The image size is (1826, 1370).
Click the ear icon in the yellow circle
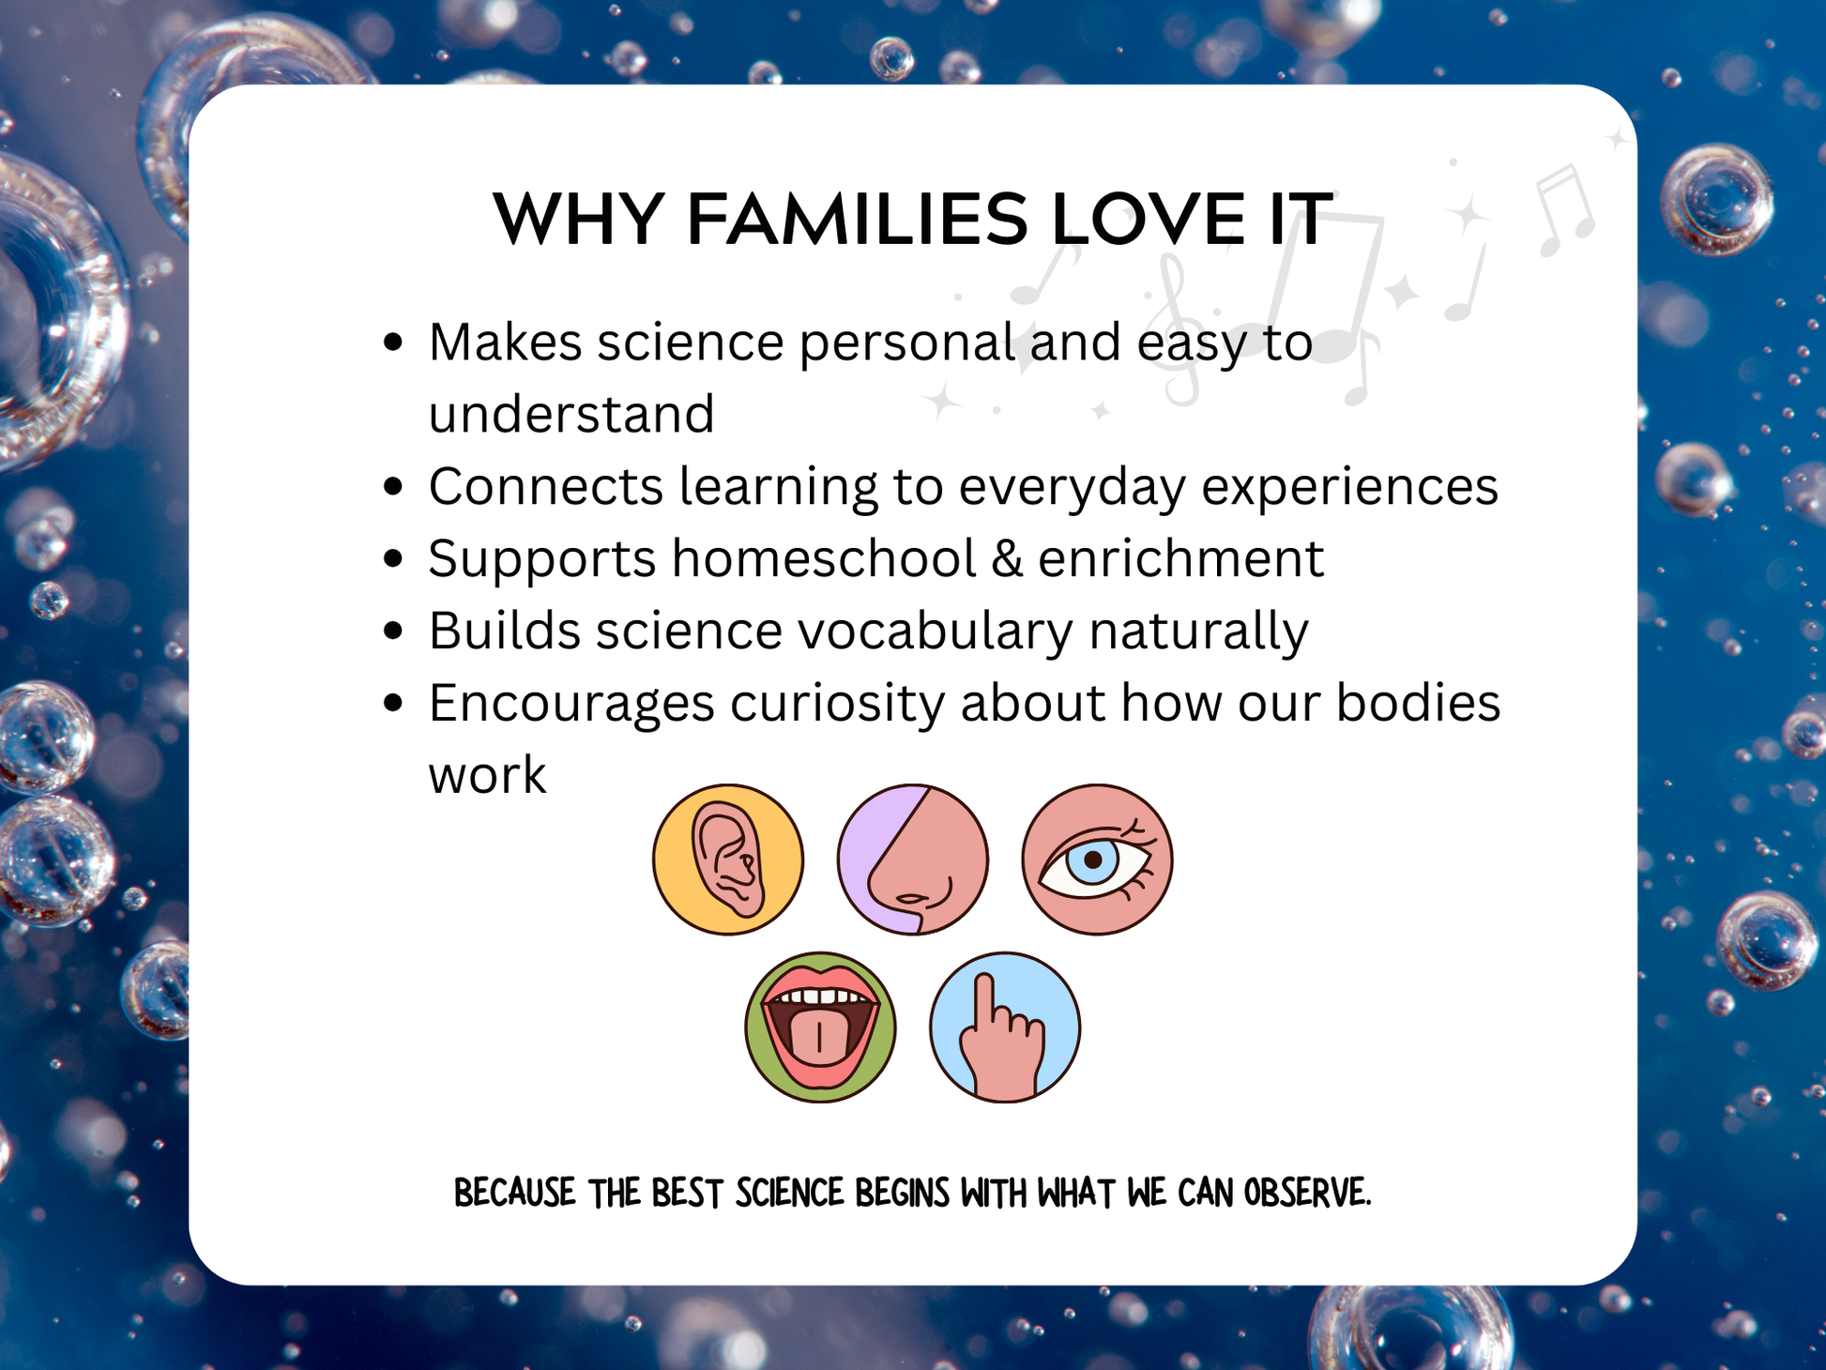[x=728, y=860]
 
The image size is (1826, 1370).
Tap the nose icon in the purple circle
[x=913, y=860]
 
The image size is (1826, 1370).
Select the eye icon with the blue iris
[x=1097, y=860]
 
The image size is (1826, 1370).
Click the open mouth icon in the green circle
[x=820, y=1027]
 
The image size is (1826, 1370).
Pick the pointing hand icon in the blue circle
[x=1005, y=1027]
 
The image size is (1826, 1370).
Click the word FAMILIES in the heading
[x=858, y=220]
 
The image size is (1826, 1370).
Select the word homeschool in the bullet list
[x=825, y=559]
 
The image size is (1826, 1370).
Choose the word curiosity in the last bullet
[x=837, y=704]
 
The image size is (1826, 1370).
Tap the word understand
[x=571, y=415]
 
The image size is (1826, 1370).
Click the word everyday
[x=1072, y=488]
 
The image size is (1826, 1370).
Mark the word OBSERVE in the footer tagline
[x=1307, y=1193]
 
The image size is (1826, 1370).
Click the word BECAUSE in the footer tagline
[x=515, y=1193]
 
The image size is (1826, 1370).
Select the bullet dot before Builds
[x=394, y=631]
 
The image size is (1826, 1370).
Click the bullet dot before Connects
[x=394, y=487]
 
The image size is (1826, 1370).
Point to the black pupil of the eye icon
[x=1092, y=860]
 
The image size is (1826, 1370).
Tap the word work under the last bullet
[x=487, y=776]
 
